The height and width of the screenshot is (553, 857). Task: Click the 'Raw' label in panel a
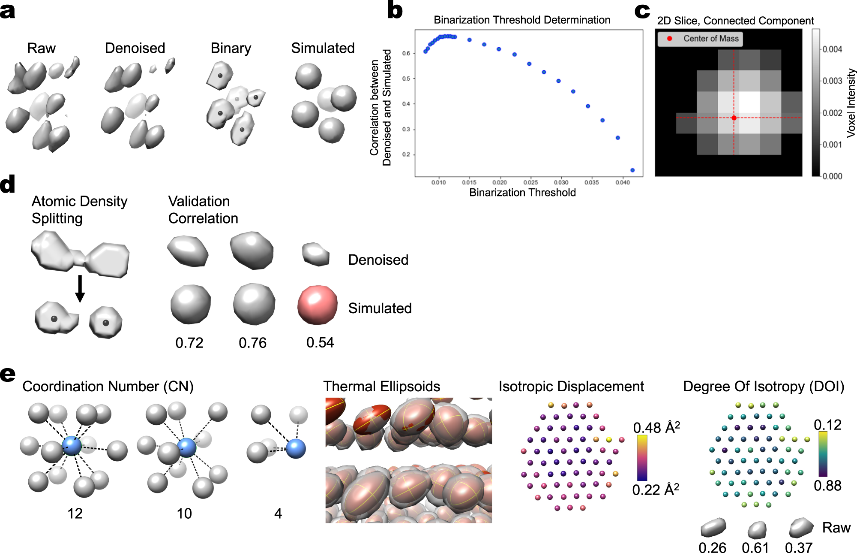41,48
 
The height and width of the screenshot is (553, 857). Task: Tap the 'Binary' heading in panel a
231,48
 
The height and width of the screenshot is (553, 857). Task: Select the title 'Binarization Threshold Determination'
522,20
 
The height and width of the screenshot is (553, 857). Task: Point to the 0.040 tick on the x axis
623,182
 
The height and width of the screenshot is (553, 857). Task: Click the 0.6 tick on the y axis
406,53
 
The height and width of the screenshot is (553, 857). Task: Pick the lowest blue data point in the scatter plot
632,170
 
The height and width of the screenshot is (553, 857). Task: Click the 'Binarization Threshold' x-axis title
522,193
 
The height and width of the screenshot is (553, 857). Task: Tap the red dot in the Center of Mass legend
669,39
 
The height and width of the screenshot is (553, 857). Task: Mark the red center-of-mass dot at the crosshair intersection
734,118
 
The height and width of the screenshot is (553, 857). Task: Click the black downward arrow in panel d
80,288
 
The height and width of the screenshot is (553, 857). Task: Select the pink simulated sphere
317,305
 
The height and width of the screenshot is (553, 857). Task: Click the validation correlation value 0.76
252,343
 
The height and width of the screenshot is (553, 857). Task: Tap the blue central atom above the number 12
72,446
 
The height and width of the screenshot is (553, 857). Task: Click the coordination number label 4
278,514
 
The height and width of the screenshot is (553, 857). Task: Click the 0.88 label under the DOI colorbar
827,486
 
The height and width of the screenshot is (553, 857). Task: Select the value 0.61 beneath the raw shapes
755,548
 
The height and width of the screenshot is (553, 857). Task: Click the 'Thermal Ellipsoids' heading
381,387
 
